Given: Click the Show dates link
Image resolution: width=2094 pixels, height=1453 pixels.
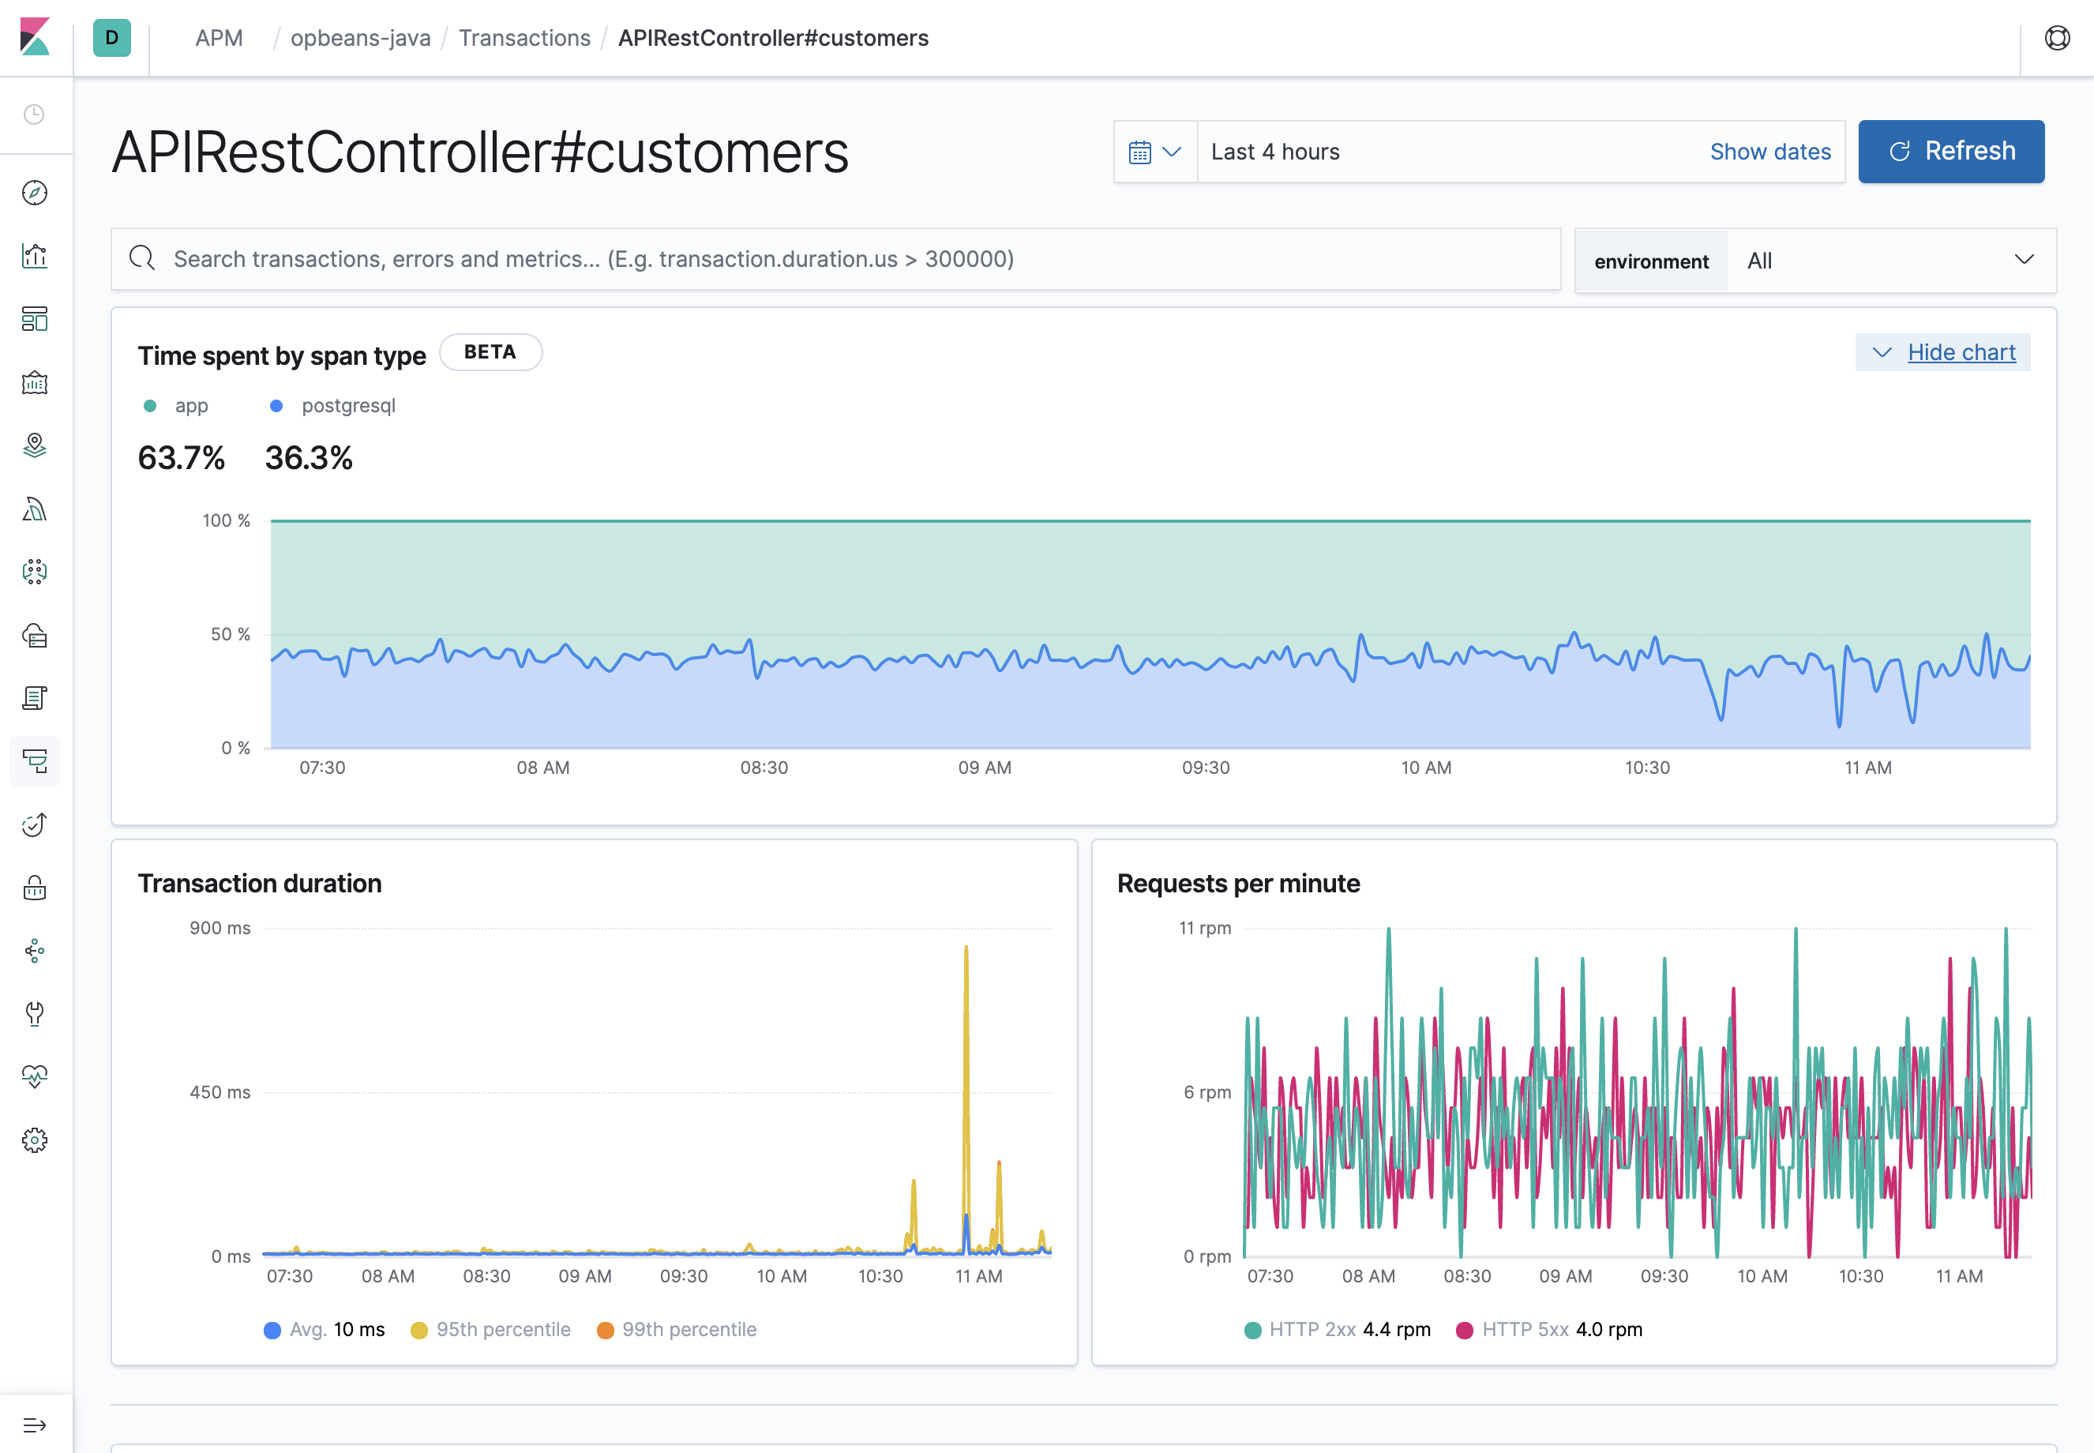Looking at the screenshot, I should click(1769, 152).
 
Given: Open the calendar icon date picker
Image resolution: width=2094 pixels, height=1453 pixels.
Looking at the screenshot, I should click(1154, 152).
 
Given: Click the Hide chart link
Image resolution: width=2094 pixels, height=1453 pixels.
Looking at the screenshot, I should click(1961, 352).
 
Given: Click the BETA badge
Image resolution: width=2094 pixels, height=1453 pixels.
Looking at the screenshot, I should click(490, 352).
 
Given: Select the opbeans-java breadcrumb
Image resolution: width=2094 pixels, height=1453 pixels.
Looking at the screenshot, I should click(360, 38).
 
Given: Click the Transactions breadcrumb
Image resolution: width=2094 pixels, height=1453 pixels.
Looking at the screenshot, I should click(524, 38).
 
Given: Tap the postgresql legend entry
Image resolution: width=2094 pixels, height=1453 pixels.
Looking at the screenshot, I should click(347, 406).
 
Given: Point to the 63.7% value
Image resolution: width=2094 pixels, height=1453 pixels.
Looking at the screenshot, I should click(181, 458).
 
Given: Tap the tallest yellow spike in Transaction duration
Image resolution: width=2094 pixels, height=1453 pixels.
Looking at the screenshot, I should click(966, 952).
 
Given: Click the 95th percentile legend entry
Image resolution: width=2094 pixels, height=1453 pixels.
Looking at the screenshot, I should click(502, 1329).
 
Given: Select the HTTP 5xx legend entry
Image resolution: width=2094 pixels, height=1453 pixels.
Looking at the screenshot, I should click(1525, 1329).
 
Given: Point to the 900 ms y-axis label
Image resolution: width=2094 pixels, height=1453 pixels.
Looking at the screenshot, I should click(220, 929).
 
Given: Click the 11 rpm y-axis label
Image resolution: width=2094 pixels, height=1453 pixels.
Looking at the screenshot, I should click(1204, 929).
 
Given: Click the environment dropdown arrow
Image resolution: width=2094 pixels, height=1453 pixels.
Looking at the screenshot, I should click(2023, 261).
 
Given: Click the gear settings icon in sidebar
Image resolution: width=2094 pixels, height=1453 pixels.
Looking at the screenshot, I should click(35, 1139).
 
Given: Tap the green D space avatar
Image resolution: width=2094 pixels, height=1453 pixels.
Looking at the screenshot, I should click(112, 38).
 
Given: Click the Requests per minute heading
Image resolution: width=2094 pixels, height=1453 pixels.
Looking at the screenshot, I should click(1237, 883).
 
